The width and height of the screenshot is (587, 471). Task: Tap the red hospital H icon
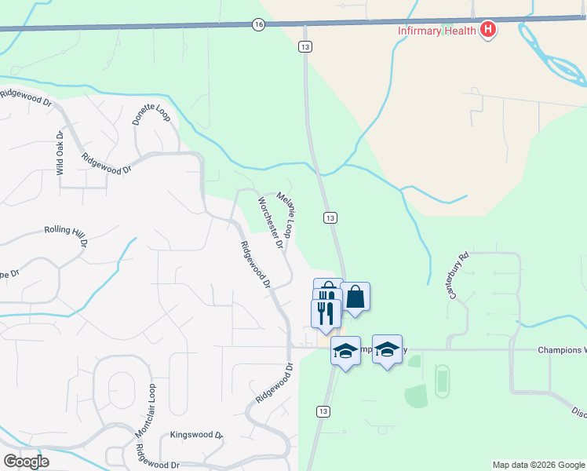488,30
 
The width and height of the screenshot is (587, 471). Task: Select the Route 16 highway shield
258,25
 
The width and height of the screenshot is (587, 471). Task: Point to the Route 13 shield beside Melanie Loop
330,217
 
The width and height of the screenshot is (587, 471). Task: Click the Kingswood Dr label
197,434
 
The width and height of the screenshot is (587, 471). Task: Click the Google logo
26,461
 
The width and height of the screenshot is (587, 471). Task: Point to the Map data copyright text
538,465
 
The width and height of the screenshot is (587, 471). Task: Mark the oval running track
441,380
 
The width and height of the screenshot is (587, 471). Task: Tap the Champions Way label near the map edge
562,349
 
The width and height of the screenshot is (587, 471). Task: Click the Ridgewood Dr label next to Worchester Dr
256,265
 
